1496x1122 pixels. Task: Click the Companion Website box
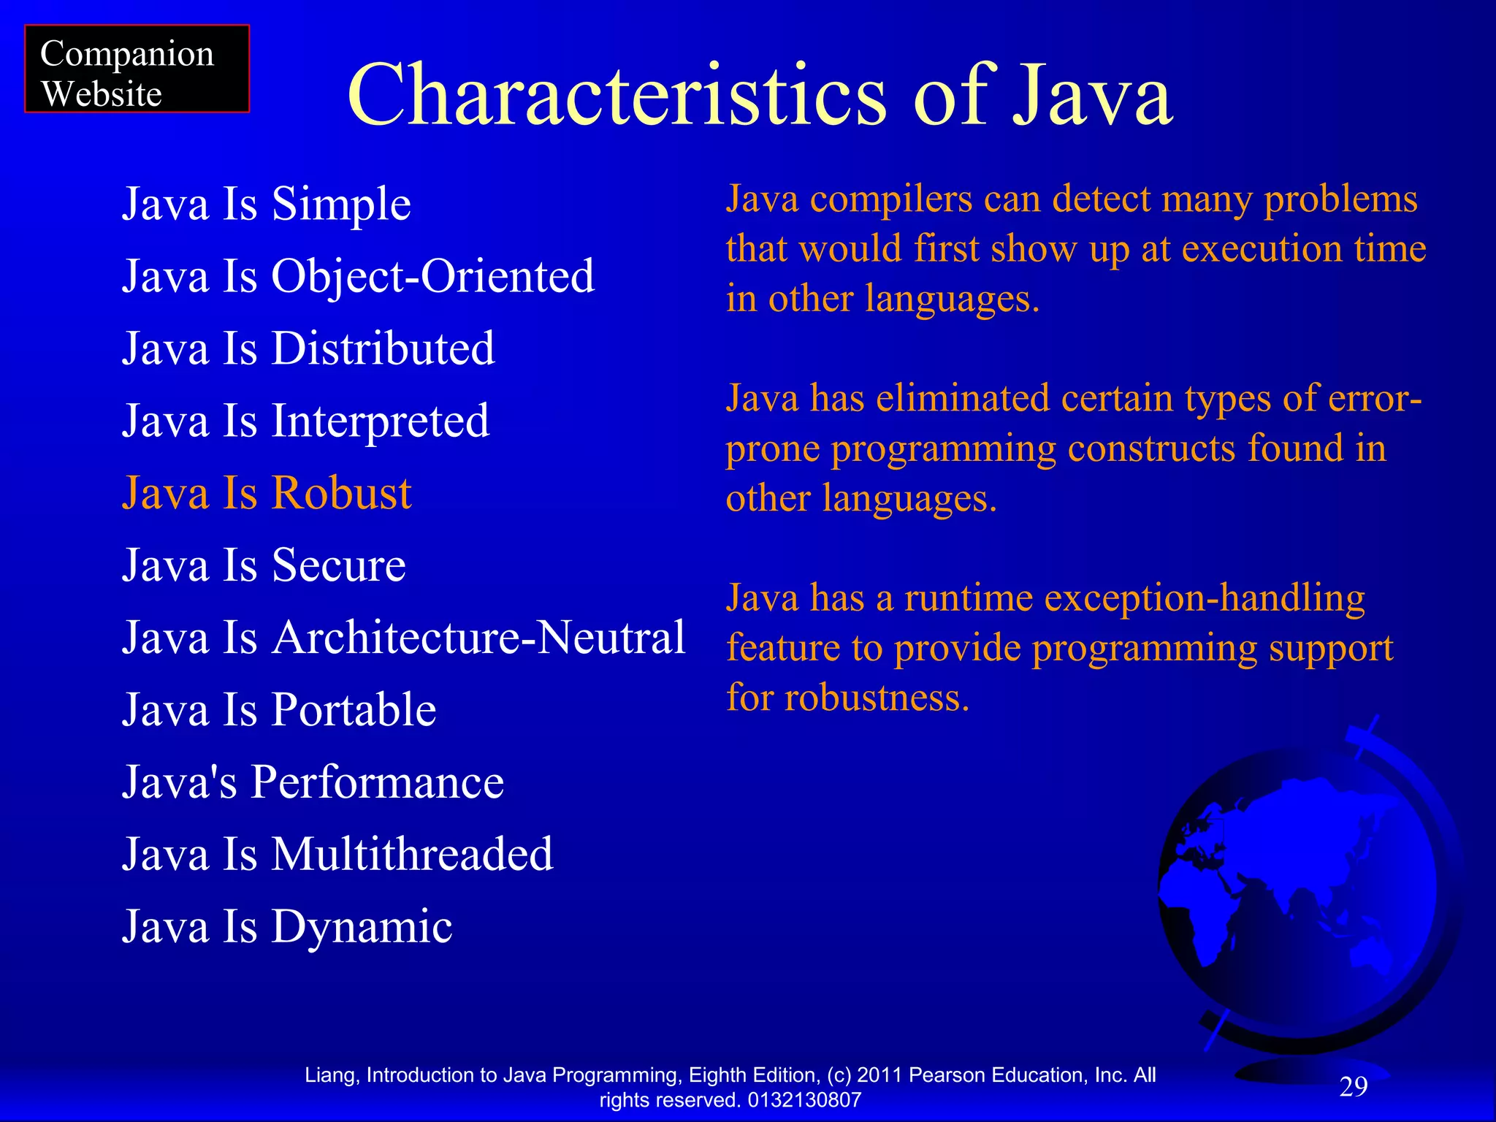point(137,69)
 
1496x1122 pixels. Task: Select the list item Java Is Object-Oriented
point(358,276)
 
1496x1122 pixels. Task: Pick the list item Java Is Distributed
point(308,348)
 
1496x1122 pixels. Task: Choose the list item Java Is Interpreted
point(305,421)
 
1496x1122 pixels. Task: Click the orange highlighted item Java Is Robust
point(267,493)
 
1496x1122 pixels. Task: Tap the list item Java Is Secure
point(264,565)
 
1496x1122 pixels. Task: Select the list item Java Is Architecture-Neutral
point(403,637)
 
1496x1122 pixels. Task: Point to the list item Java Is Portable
point(279,709)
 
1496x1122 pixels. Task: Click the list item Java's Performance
point(313,782)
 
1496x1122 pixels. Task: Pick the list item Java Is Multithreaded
point(337,854)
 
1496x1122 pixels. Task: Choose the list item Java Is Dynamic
point(287,926)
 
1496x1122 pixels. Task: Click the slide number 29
point(1353,1087)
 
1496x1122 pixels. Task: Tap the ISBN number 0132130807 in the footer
point(804,1100)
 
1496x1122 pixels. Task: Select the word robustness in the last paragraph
point(877,698)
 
